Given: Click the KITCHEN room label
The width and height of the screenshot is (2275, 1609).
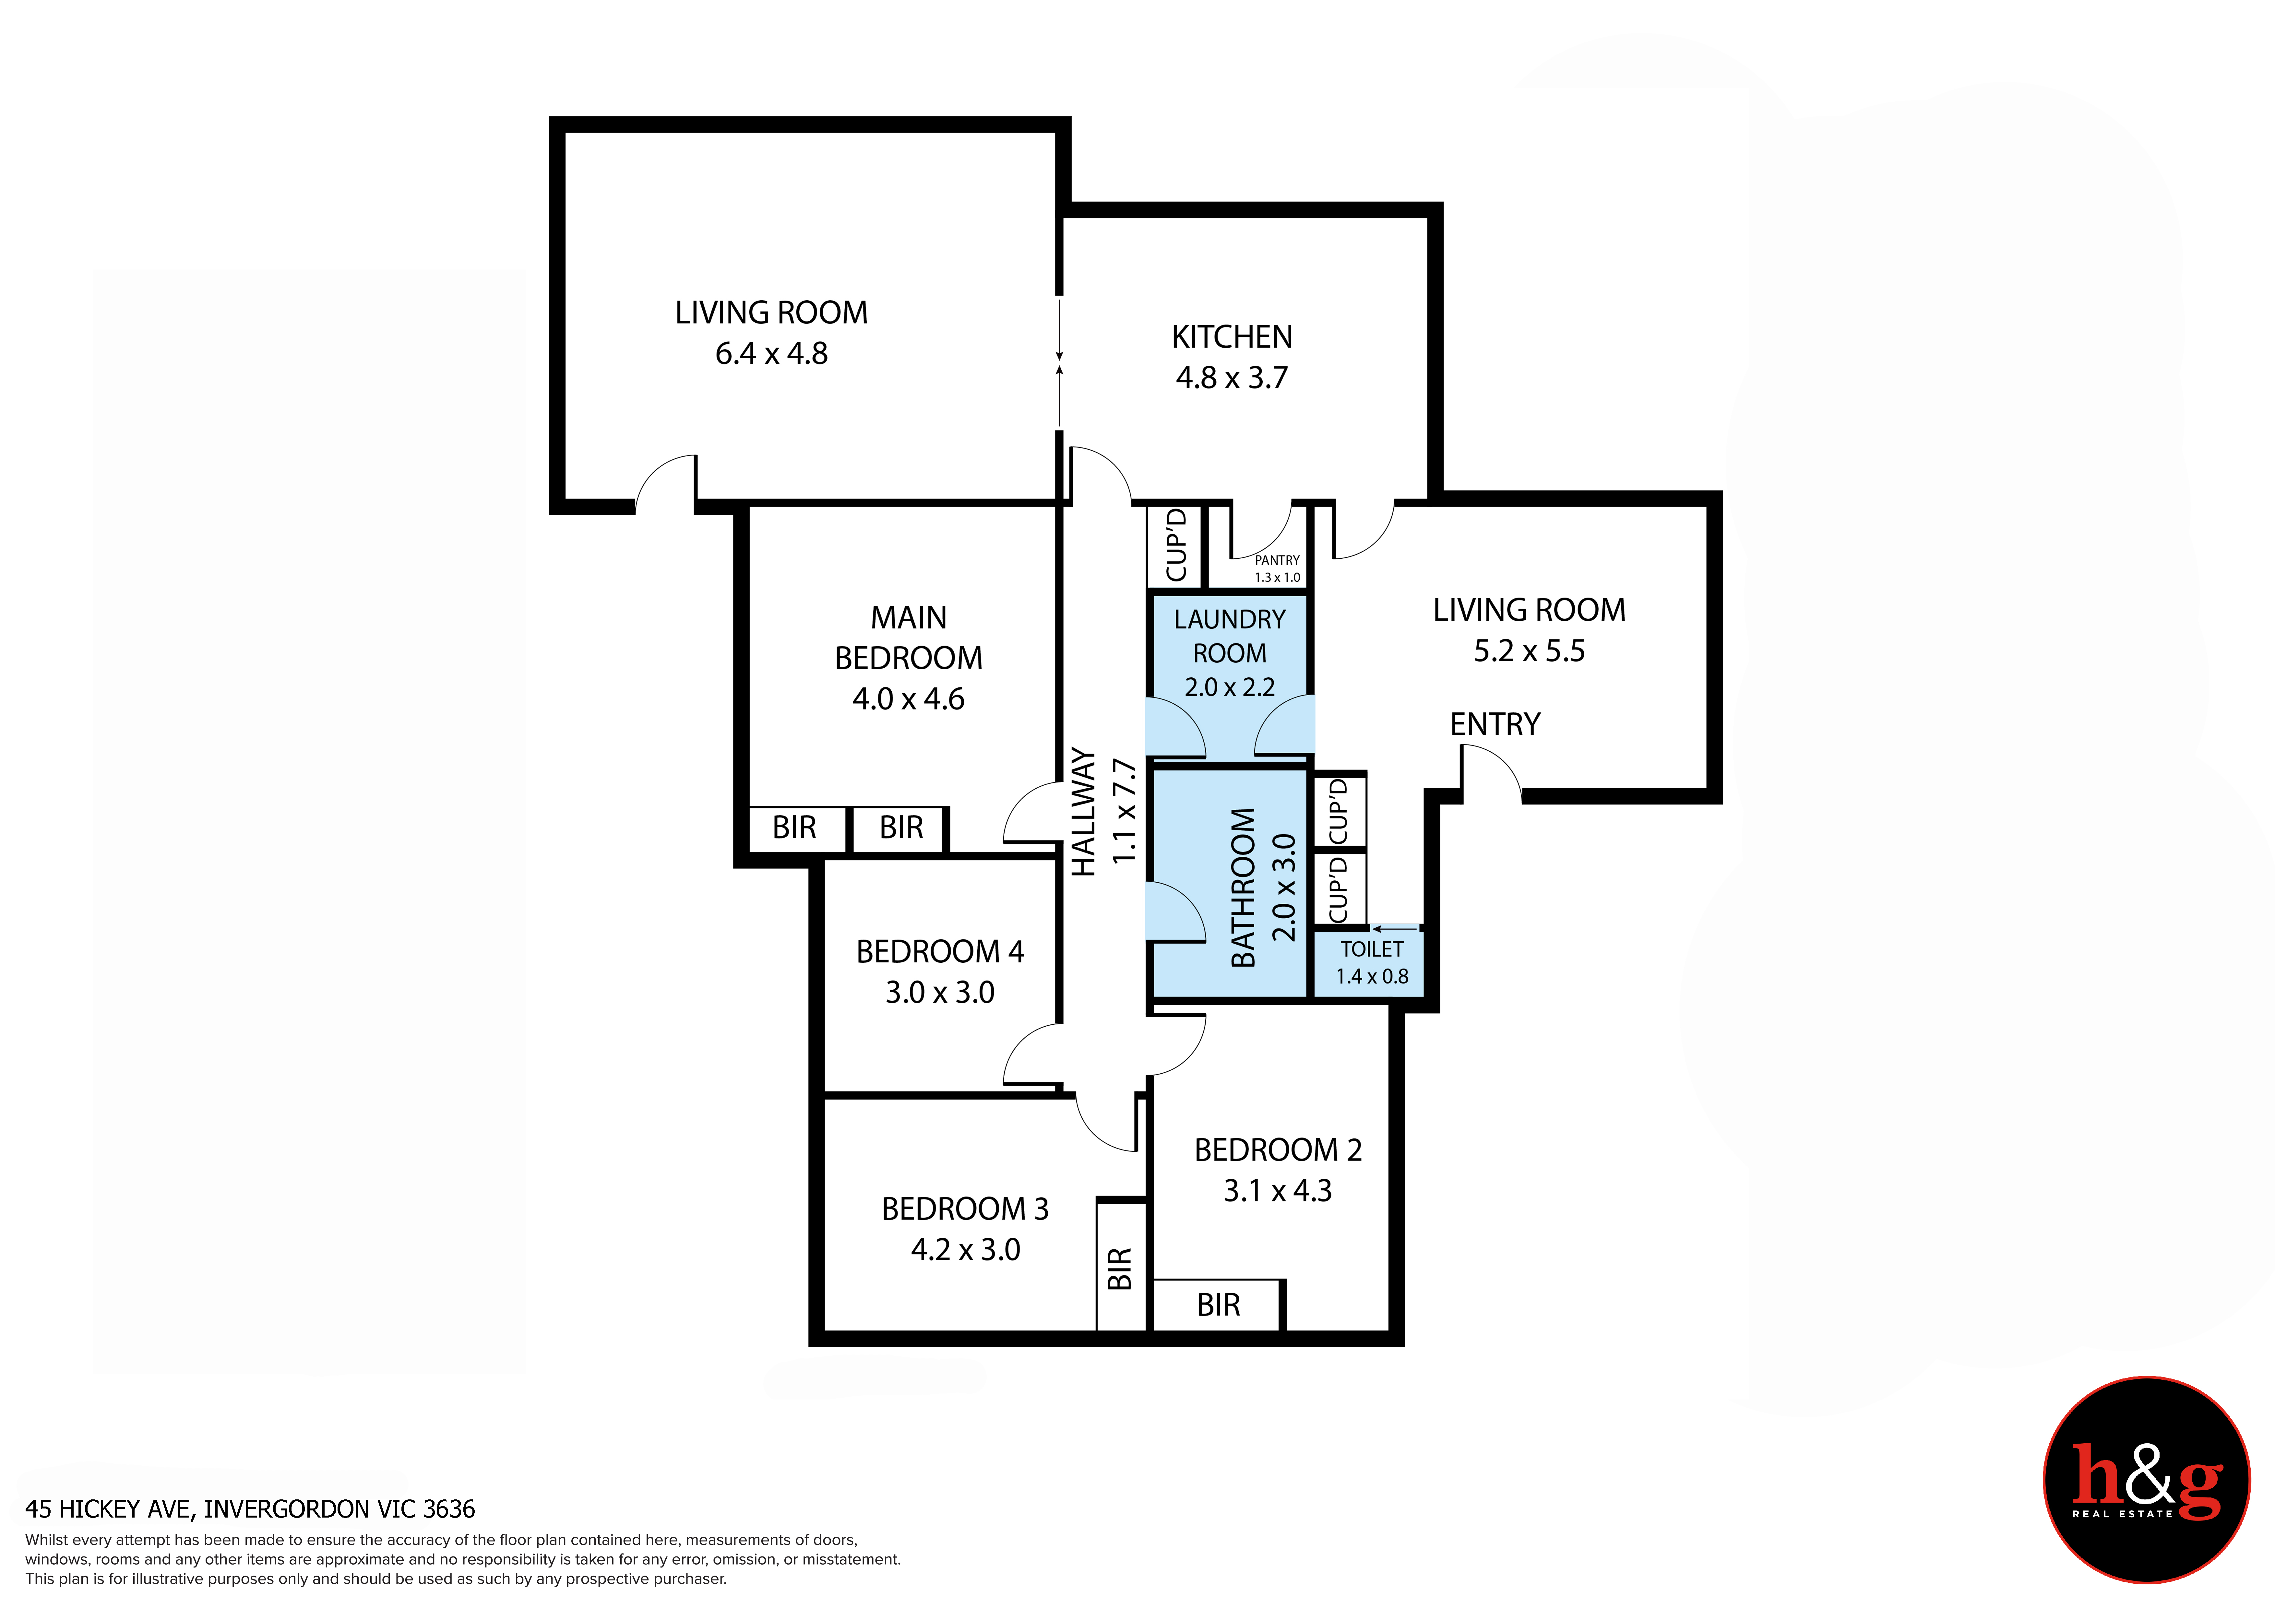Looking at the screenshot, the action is click(x=1232, y=337).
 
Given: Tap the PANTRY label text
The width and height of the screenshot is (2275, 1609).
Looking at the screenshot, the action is click(x=1277, y=560).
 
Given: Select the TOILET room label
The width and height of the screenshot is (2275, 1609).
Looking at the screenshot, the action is click(x=1372, y=949).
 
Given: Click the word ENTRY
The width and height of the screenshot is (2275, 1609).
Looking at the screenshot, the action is click(x=1495, y=724).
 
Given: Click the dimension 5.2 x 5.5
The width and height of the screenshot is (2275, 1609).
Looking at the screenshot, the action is click(x=1529, y=651).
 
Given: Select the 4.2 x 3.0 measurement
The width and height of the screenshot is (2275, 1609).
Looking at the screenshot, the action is click(x=965, y=1249).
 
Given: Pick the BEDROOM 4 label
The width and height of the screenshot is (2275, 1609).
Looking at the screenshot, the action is click(x=939, y=951).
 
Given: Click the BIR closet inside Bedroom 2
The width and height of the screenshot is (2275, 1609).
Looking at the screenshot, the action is click(x=1219, y=1305).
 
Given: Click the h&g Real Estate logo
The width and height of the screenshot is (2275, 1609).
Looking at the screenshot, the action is click(x=2146, y=1480).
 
